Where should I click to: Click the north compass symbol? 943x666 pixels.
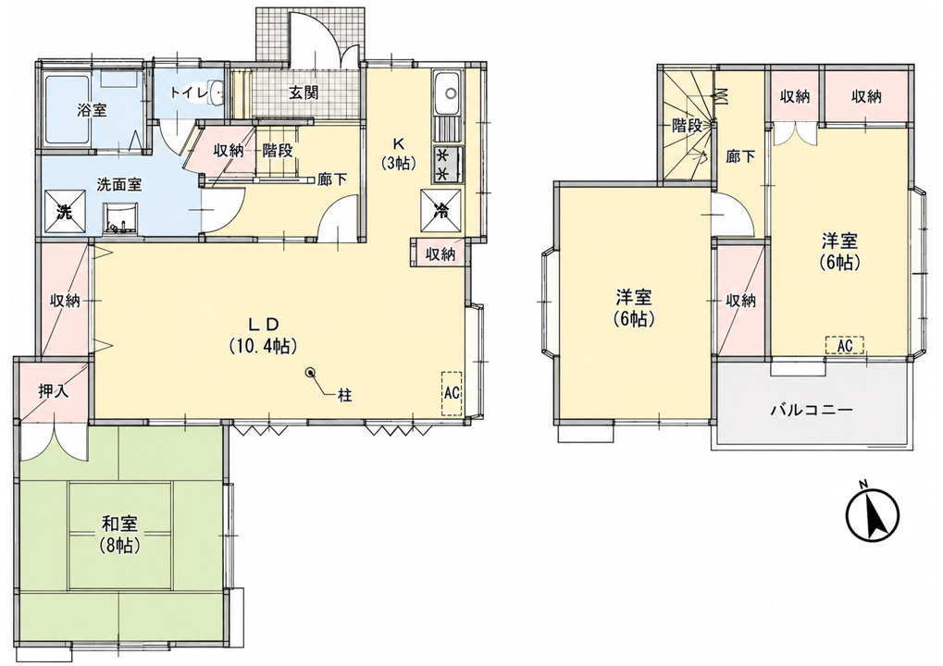pyautogui.click(x=872, y=515)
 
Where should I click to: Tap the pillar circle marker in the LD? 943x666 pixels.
pyautogui.click(x=311, y=373)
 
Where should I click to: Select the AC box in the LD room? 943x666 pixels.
pyautogui.click(x=452, y=393)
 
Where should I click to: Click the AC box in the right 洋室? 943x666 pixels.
pyautogui.click(x=844, y=345)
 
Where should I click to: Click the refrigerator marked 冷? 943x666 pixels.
pyautogui.click(x=441, y=210)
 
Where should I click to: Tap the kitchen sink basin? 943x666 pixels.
pyautogui.click(x=446, y=93)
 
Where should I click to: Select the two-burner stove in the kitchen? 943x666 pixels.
pyautogui.click(x=446, y=165)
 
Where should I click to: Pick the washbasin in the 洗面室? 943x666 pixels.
pyautogui.click(x=121, y=219)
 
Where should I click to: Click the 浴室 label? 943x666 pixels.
pyautogui.click(x=92, y=111)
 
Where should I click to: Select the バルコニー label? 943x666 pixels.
pyautogui.click(x=812, y=411)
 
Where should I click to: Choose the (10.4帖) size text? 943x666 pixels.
pyautogui.click(x=263, y=346)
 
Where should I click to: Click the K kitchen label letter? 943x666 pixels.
pyautogui.click(x=398, y=143)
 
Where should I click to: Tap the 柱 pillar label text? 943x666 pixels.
pyautogui.click(x=344, y=396)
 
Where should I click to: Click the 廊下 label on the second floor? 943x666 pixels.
pyautogui.click(x=739, y=157)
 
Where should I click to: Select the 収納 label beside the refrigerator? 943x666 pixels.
pyautogui.click(x=440, y=254)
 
